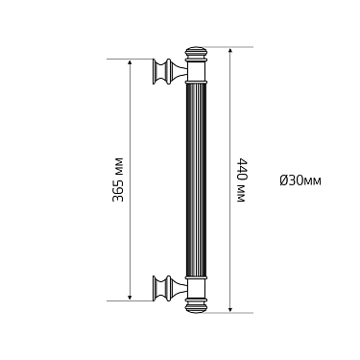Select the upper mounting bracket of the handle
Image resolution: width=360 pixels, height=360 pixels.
click(169, 73)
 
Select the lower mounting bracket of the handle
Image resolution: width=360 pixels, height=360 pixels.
click(169, 286)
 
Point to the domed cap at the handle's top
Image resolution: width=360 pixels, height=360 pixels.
click(196, 52)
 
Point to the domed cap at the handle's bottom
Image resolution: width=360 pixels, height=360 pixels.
click(196, 307)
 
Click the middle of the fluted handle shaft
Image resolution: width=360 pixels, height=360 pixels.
click(196, 180)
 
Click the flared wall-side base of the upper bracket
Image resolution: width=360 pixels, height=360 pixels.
click(156, 73)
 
